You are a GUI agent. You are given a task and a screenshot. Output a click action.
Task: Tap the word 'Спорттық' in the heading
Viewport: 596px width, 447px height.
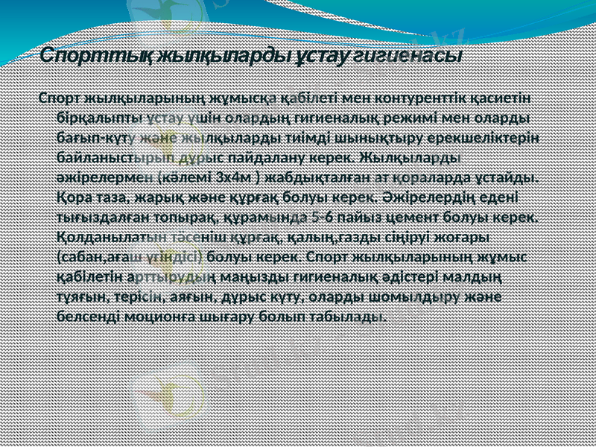tap(74, 56)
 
